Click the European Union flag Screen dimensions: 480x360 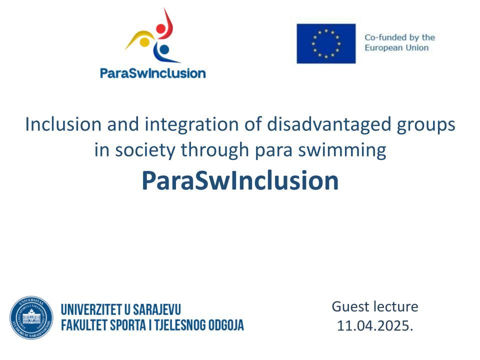coord(326,43)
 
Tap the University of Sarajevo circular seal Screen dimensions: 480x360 coord(31,317)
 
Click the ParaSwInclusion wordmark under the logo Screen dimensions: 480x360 coord(153,73)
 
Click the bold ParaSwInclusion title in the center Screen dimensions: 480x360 coord(240,180)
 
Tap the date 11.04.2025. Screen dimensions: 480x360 coord(375,325)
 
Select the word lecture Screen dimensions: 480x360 coord(394,306)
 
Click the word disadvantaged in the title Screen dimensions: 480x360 coord(329,125)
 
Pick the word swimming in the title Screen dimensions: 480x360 coord(342,150)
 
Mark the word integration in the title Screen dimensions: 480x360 coord(191,125)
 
